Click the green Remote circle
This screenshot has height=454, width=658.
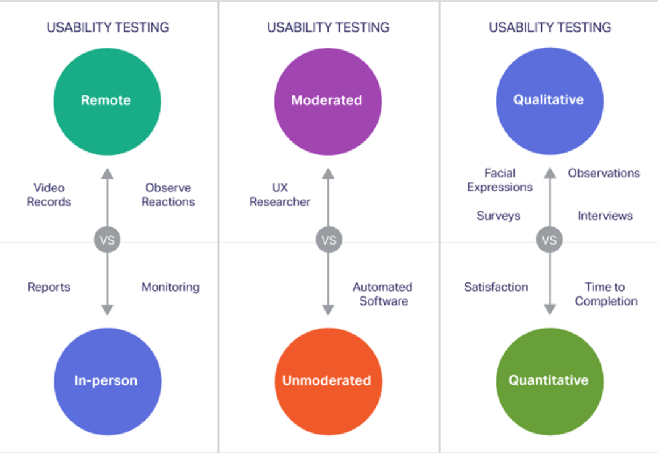click(x=107, y=101)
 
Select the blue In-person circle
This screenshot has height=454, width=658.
click(x=108, y=381)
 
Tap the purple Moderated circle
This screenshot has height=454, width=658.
click(x=327, y=101)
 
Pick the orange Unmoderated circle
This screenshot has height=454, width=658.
click(x=327, y=381)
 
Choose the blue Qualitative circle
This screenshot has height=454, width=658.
click(x=549, y=101)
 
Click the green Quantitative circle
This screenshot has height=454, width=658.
click(x=549, y=381)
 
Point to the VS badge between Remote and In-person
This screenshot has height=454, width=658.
click(x=108, y=240)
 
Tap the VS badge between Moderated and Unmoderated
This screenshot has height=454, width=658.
click(x=329, y=240)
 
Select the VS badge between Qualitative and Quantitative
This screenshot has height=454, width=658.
click(x=549, y=240)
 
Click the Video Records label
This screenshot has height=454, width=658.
click(x=49, y=195)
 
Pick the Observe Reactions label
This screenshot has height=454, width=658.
click(x=168, y=195)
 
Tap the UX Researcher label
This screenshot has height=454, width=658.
click(x=280, y=195)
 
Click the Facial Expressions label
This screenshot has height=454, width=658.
click(x=500, y=180)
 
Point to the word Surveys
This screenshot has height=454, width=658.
click(x=498, y=216)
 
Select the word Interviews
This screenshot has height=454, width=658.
click(x=605, y=216)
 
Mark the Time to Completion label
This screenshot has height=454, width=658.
click(x=605, y=294)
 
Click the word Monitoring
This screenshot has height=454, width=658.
click(x=171, y=287)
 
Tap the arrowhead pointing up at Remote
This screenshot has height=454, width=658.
click(x=108, y=174)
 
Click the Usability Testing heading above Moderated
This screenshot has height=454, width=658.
click(x=328, y=27)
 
